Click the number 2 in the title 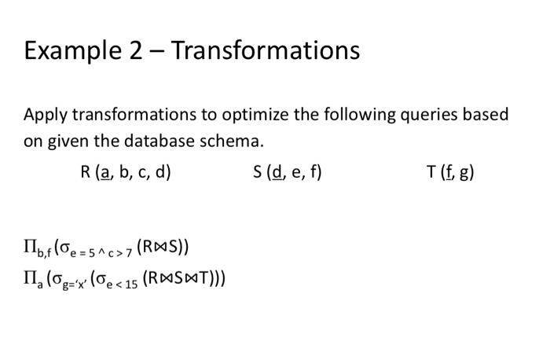pos(136,50)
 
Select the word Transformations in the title pos(266,50)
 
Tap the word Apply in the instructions pos(45,116)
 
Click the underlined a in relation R pos(104,173)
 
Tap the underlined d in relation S pos(277,172)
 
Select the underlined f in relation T pos(449,172)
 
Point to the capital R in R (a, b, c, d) pos(85,172)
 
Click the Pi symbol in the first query pos(29,246)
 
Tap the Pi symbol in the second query pos(29,277)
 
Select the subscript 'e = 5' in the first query pos(82,253)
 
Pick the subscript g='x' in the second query pos(75,285)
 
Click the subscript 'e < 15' pos(122,285)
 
